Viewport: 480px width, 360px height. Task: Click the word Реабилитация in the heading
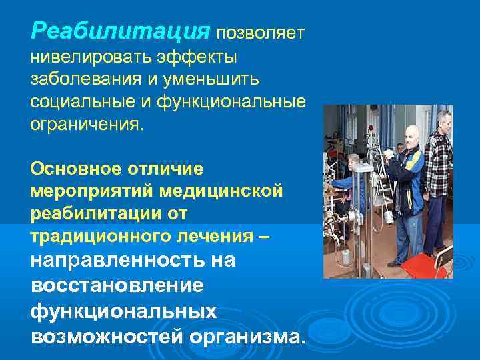[x=120, y=31]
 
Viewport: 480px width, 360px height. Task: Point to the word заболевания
[x=83, y=80]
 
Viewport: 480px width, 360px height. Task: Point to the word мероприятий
[x=90, y=191]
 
